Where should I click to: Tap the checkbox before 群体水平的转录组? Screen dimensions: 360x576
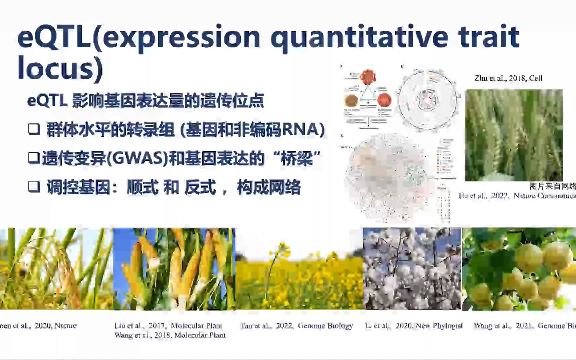tap(34, 129)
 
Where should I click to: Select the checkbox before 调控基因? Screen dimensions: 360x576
tap(34, 187)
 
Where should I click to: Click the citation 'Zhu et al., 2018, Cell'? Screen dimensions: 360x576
tap(508, 78)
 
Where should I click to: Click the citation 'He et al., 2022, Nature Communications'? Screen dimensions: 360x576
tap(517, 196)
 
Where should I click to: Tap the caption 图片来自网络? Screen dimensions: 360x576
tap(552, 186)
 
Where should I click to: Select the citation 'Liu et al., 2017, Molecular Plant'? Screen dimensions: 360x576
tap(168, 325)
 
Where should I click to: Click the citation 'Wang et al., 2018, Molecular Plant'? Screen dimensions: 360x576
tap(170, 335)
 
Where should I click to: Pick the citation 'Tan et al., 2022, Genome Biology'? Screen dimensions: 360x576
tap(296, 326)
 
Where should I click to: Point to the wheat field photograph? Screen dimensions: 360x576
tap(514, 135)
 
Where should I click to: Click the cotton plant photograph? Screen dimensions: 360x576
tap(412, 269)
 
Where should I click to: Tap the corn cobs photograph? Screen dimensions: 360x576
tap(174, 269)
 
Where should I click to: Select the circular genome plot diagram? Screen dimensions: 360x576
tap(427, 99)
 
